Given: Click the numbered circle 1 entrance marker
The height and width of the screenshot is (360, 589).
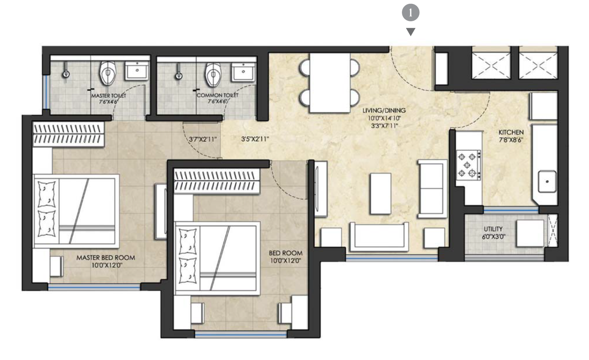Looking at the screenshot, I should click(x=410, y=13).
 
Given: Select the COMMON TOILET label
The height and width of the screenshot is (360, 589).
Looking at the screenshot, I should click(x=217, y=96).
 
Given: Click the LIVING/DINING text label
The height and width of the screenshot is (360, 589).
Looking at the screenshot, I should click(x=381, y=111).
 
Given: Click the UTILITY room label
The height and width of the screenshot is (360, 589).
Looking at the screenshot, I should click(x=493, y=229).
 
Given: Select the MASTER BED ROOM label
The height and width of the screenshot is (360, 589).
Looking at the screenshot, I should click(x=105, y=258).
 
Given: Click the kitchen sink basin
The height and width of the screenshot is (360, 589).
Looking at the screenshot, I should click(x=547, y=182).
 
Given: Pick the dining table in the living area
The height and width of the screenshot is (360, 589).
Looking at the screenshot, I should click(x=330, y=83).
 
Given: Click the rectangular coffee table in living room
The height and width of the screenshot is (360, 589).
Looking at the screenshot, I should click(x=381, y=193).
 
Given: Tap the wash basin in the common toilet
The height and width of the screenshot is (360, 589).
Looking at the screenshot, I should click(x=243, y=71).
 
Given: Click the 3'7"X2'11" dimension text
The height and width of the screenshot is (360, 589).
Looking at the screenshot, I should click(x=202, y=139).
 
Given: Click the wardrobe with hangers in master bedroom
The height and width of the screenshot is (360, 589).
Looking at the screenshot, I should click(x=68, y=134).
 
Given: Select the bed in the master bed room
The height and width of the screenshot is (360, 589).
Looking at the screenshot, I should click(x=76, y=210).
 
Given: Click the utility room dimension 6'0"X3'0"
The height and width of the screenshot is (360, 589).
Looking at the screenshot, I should click(x=493, y=237).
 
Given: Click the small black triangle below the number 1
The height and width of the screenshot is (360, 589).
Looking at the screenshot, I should click(x=410, y=32).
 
